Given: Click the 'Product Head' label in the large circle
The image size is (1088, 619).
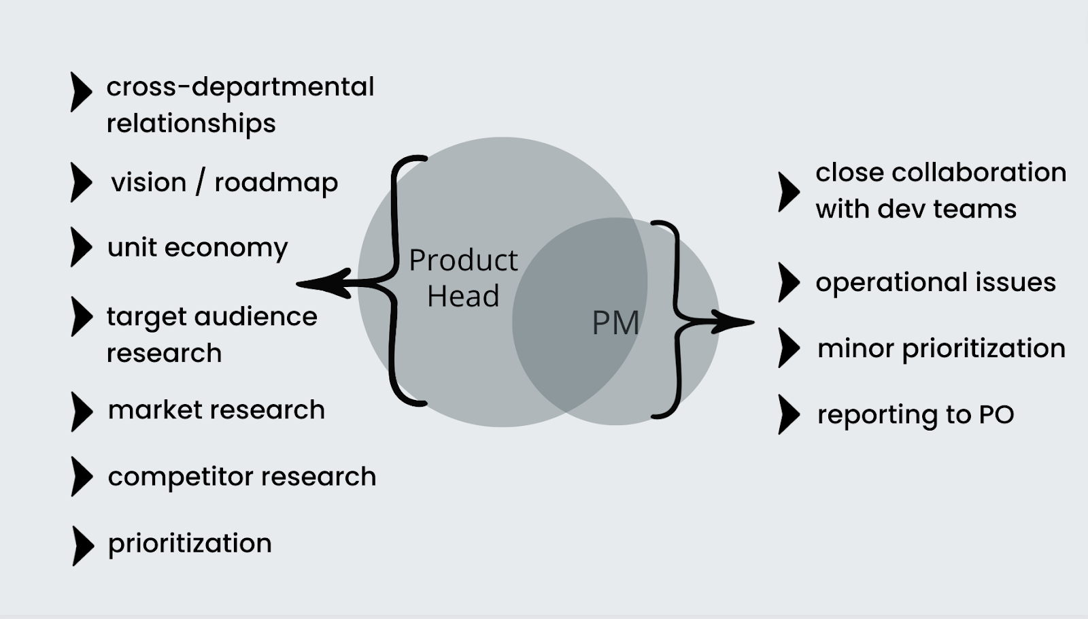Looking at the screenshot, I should pyautogui.click(x=463, y=278).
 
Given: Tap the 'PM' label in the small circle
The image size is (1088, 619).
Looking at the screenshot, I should pyautogui.click(x=615, y=322).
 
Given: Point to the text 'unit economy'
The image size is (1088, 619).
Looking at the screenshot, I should pyautogui.click(x=197, y=248).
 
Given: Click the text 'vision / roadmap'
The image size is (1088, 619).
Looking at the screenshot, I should pyautogui.click(x=224, y=182).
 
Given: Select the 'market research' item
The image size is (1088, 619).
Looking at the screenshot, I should pyautogui.click(x=216, y=409).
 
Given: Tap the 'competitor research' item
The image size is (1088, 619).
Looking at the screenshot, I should pyautogui.click(x=241, y=476).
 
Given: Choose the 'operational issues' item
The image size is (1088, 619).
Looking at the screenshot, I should pyautogui.click(x=936, y=282).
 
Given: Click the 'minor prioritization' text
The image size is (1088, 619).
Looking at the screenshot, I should pyautogui.click(x=941, y=348).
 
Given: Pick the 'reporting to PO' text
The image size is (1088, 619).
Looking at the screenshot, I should pyautogui.click(x=915, y=414).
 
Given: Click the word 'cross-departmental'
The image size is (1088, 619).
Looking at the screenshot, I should pyautogui.click(x=240, y=87).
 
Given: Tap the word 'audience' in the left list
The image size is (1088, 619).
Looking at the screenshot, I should pyautogui.click(x=255, y=317).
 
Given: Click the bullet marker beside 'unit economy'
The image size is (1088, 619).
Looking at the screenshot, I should pyautogui.click(x=81, y=247).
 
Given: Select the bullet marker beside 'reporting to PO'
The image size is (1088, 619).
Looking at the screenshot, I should pyautogui.click(x=789, y=414).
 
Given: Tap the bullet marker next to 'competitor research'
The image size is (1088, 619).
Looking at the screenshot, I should pyautogui.click(x=82, y=476).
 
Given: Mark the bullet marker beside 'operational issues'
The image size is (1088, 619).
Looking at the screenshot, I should pyautogui.click(x=789, y=282).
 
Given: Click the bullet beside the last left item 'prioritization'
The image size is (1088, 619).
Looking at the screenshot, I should pyautogui.click(x=82, y=545).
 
